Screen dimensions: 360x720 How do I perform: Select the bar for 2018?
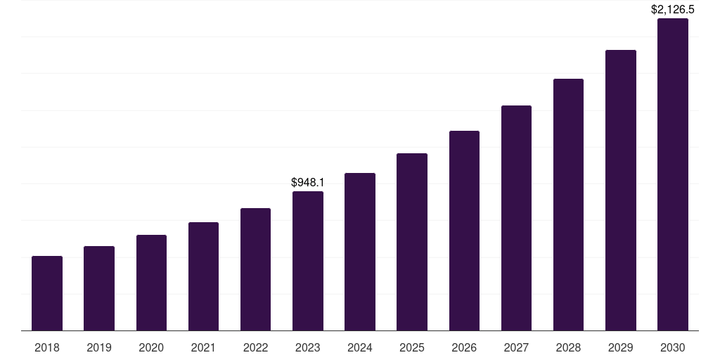pyautogui.click(x=47, y=293)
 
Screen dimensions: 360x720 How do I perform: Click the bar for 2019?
pyautogui.click(x=99, y=288)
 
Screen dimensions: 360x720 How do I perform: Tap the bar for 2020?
pyautogui.click(x=151, y=283)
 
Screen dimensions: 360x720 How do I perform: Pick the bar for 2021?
pyautogui.click(x=203, y=276)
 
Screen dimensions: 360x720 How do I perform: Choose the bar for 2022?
pyautogui.click(x=255, y=269)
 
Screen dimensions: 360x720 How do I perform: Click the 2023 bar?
pyautogui.click(x=308, y=261)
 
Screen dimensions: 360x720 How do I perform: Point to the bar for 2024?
pyautogui.click(x=360, y=252)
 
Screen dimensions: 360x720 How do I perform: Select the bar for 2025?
pyautogui.click(x=412, y=242)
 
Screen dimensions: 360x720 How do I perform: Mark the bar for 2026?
pyautogui.click(x=464, y=231)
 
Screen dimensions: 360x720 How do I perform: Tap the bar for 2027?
pyautogui.click(x=516, y=218)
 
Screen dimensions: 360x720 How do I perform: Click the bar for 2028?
pyautogui.click(x=568, y=205)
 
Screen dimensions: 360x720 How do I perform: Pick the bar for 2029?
pyautogui.click(x=621, y=190)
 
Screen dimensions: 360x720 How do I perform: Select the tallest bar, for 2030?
pyautogui.click(x=673, y=174)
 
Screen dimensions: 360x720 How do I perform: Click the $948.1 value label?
pyautogui.click(x=308, y=183)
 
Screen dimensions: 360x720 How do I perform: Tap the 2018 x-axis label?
pyautogui.click(x=47, y=347)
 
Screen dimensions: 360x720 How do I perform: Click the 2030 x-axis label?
pyautogui.click(x=673, y=347)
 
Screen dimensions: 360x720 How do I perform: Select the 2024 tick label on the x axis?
pyautogui.click(x=360, y=347)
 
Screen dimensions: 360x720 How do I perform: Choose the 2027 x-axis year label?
pyautogui.click(x=516, y=347)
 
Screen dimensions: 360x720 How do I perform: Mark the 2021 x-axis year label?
pyautogui.click(x=203, y=347)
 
